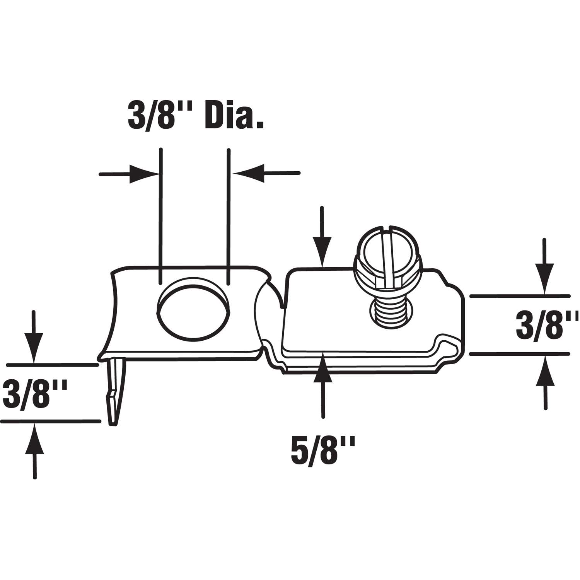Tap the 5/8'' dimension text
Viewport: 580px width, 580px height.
(322, 449)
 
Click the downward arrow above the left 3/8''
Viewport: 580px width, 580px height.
(34, 336)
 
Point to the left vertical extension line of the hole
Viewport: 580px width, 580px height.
(160, 213)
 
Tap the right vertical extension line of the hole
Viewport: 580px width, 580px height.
(229, 213)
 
